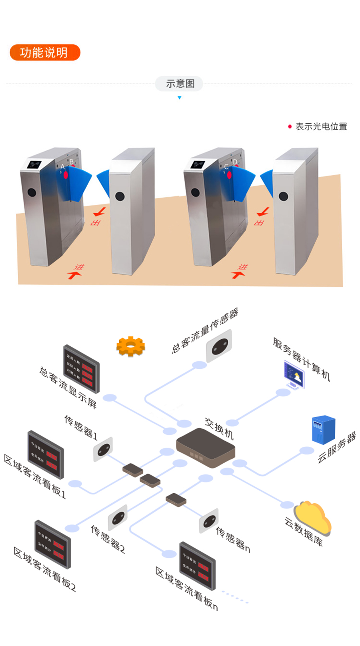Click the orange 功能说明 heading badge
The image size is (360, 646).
pyautogui.click(x=45, y=53)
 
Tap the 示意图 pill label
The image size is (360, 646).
pyautogui.click(x=179, y=83)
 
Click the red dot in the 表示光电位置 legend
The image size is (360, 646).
pyautogui.click(x=290, y=126)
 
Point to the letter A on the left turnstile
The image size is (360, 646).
pyautogui.click(x=62, y=167)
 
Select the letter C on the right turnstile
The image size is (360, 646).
pyautogui.click(x=226, y=167)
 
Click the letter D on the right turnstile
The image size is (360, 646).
pyautogui.click(x=235, y=162)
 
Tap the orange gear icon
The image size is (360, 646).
pyautogui.click(x=131, y=346)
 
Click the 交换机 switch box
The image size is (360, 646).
pyautogui.click(x=206, y=448)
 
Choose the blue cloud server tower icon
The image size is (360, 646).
pyautogui.click(x=324, y=430)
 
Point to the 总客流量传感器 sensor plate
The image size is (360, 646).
pyautogui.click(x=219, y=345)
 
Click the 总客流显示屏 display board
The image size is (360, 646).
pyautogui.click(x=81, y=369)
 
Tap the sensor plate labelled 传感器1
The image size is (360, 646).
pyautogui.click(x=103, y=449)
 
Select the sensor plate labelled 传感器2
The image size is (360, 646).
pyautogui.click(x=118, y=517)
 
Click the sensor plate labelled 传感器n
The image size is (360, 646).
pyautogui.click(x=209, y=520)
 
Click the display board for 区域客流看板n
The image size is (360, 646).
pyautogui.click(x=197, y=566)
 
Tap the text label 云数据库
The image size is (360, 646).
pyautogui.click(x=304, y=532)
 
